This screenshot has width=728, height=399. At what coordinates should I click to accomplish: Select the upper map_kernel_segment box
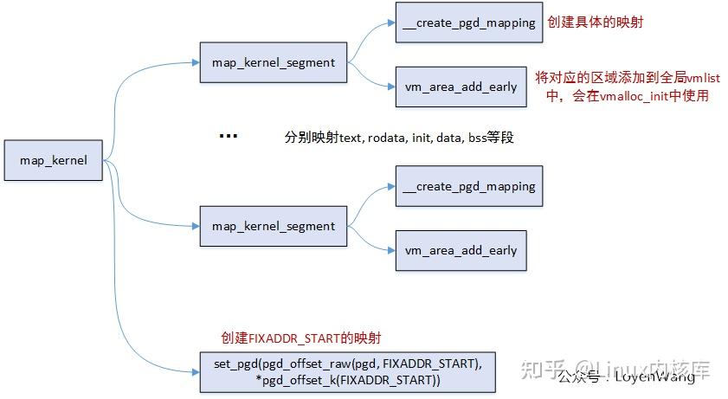[x=273, y=62]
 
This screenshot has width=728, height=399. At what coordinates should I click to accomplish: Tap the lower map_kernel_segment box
[x=273, y=226]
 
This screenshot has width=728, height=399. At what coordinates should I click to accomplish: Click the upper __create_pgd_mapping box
[x=468, y=23]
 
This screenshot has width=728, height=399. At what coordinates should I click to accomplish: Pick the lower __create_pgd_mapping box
[x=468, y=186]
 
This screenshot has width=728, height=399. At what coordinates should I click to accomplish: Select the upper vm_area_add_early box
[x=460, y=87]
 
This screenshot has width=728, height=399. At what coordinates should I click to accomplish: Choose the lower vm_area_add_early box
[x=460, y=250]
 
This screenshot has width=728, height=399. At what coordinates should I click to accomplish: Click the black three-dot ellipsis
[x=228, y=137]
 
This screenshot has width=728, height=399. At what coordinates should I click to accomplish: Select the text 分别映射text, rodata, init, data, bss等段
[x=399, y=137]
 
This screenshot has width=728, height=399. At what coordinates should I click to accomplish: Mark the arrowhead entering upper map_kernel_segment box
[x=196, y=62]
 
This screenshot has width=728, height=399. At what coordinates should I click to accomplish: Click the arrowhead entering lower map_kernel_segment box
[x=196, y=226]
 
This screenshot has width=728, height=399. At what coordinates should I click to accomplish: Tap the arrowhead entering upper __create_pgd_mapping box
[x=391, y=23]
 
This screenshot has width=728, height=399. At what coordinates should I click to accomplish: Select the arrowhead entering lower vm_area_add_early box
[x=391, y=250]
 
